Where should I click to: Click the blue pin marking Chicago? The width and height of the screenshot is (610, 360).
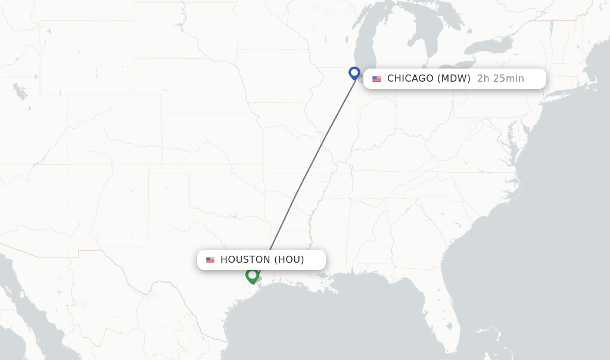[x=354, y=73]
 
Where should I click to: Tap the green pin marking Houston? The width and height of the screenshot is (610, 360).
[x=252, y=275]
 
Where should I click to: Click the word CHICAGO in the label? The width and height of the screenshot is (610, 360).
[x=410, y=79]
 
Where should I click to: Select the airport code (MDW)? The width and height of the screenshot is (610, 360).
[x=454, y=79]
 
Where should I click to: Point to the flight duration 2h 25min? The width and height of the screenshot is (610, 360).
[x=500, y=79]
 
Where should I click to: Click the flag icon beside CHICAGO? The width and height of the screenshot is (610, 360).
[x=376, y=79]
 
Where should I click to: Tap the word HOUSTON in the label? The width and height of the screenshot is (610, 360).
[x=245, y=260]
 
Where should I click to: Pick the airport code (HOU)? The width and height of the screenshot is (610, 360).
[x=289, y=260]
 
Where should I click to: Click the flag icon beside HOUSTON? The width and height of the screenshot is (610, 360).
[x=210, y=260]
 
